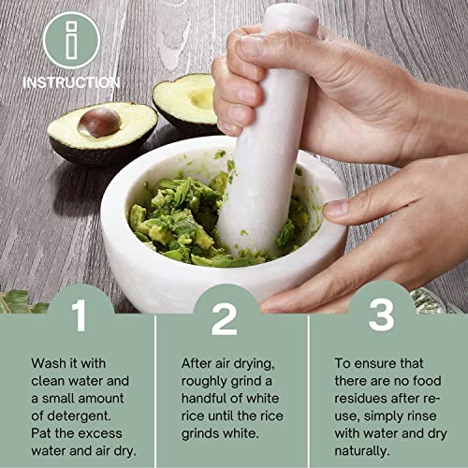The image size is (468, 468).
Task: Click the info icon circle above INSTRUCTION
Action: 71,39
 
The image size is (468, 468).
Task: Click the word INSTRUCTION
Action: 71,82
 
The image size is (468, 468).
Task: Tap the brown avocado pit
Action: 99,122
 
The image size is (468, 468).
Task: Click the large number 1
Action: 80,317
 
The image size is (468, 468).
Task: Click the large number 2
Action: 225,318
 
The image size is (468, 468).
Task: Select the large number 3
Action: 380,316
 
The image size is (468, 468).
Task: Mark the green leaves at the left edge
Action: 19,300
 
